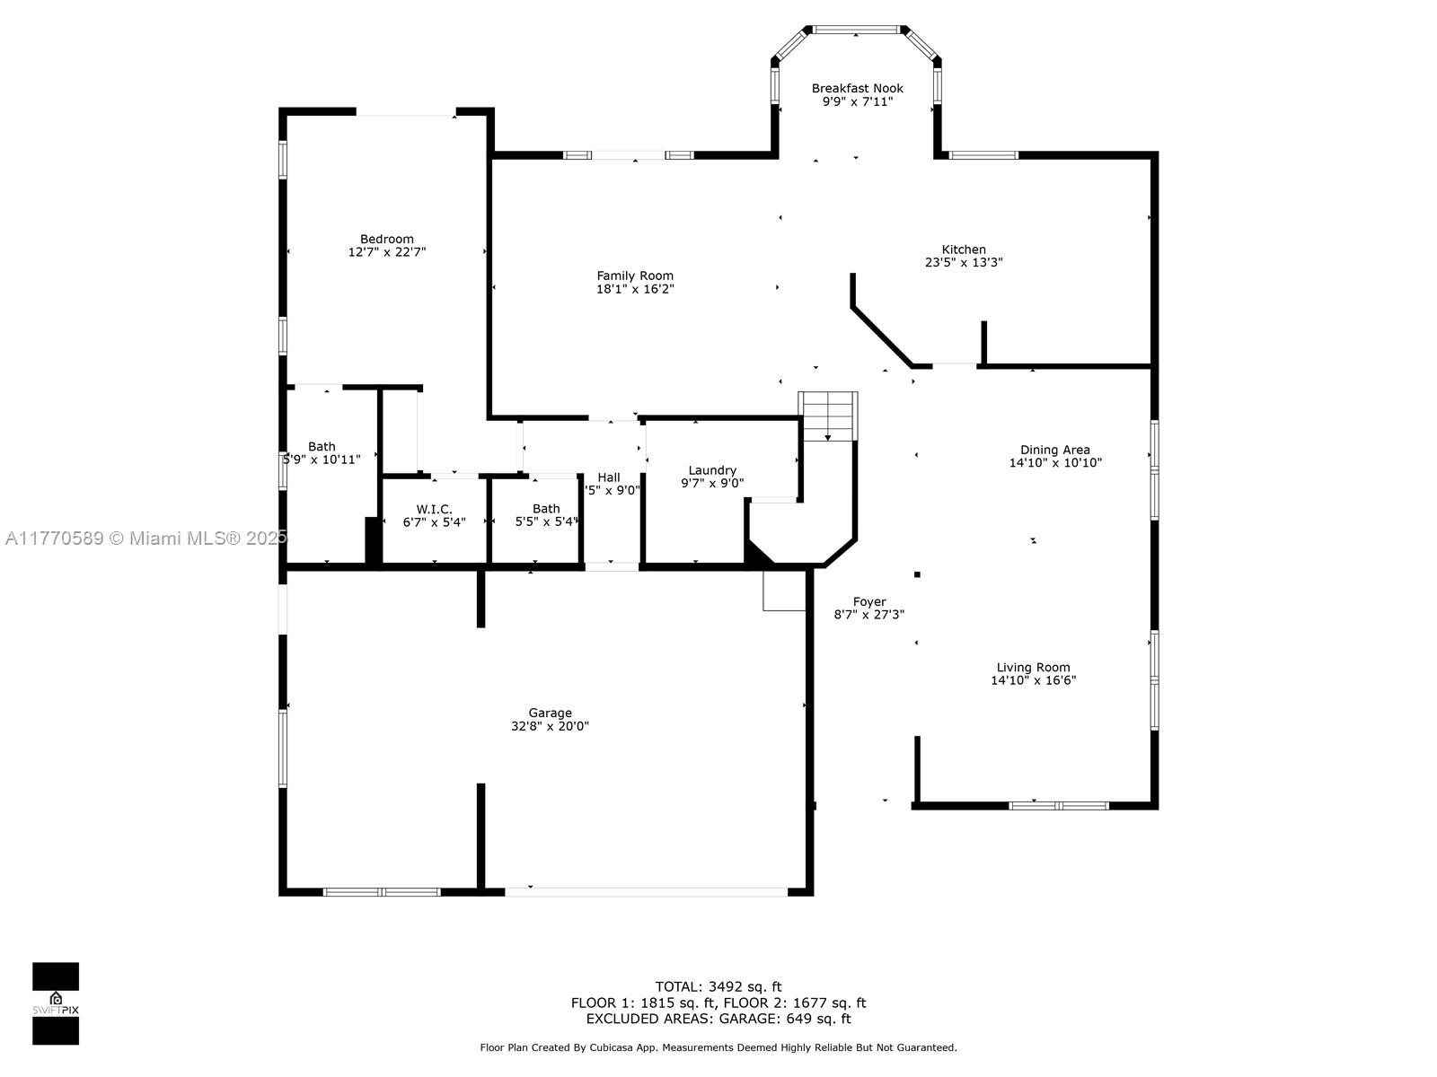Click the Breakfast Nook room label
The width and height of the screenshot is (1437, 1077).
pos(857,88)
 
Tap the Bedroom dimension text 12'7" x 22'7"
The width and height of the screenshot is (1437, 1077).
pos(387,252)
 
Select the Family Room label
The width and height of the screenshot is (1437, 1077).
pos(634,276)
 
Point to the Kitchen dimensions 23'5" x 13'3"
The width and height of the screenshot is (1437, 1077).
pos(964,263)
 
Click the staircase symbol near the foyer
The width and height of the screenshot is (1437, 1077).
pos(827,416)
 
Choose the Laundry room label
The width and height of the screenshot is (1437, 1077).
pos(712,471)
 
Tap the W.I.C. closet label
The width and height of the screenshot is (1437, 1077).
pos(434,510)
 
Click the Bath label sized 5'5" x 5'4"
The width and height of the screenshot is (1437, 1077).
pos(546,509)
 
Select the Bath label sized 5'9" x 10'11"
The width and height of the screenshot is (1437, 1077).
pos(322,447)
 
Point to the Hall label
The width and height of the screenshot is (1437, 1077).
pos(609,478)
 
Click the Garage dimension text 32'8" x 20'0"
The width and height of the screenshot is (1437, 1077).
pos(550,726)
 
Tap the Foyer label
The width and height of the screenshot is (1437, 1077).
pos(869,601)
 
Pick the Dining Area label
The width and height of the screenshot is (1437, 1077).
pos(1054,450)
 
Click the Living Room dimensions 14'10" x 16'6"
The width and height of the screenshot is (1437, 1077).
pos(1033,680)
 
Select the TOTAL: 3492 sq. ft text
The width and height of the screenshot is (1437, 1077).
pos(718,986)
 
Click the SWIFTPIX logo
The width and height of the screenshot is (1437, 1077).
pos(56,1003)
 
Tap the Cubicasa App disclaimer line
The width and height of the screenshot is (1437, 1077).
pos(718,1047)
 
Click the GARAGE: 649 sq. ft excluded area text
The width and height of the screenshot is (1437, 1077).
pos(785,1019)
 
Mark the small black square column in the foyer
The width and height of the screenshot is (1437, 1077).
pos(917,574)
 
